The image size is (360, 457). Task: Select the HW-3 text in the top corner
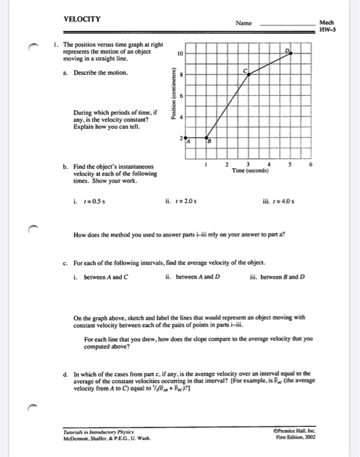pos(327,29)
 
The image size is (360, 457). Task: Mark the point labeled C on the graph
pos(246,71)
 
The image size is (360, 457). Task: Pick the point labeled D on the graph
pos(286,51)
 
